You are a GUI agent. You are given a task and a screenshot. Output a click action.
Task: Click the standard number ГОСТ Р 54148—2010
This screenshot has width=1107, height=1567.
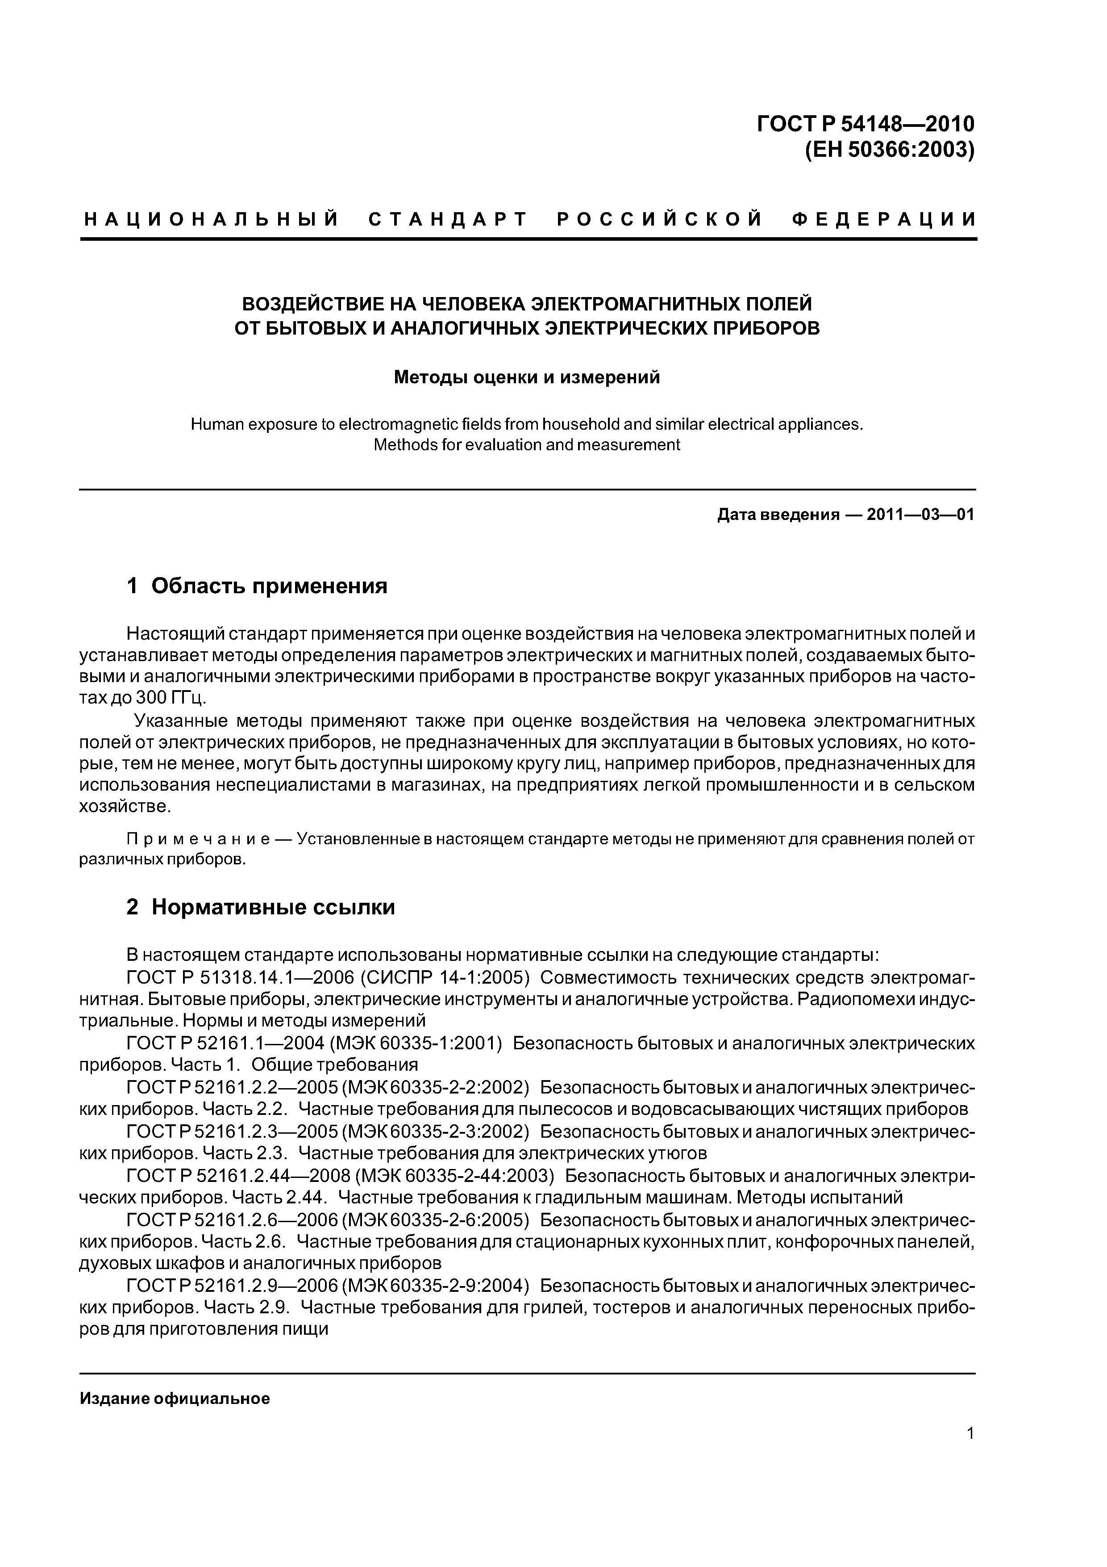pos(866,124)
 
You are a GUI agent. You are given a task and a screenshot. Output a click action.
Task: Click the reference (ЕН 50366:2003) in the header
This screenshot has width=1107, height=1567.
pos(890,150)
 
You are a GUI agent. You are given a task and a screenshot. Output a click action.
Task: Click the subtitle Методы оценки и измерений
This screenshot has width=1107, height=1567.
pos(527,377)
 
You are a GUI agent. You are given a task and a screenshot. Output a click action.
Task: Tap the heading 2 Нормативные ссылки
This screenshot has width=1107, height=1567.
pos(261,907)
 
